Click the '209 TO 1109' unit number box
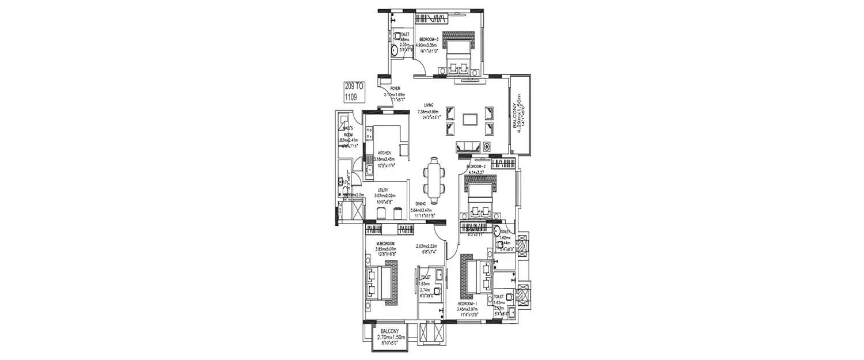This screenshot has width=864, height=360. [x=351, y=92]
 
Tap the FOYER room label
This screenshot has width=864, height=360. [x=395, y=89]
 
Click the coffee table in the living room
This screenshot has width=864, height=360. [x=470, y=119]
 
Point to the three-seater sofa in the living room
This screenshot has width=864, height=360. [x=468, y=146]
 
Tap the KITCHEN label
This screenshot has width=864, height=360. [x=384, y=153]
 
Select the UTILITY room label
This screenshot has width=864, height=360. [x=383, y=190]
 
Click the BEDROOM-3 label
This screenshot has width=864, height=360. [x=429, y=38]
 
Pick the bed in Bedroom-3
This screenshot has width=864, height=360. [x=458, y=56]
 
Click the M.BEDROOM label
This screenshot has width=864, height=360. [x=385, y=243]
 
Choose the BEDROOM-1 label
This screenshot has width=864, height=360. [x=469, y=304]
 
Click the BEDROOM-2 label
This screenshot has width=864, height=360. [x=478, y=166]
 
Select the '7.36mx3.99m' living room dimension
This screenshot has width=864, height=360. [x=428, y=112]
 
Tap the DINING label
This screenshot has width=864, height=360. [x=421, y=204]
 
